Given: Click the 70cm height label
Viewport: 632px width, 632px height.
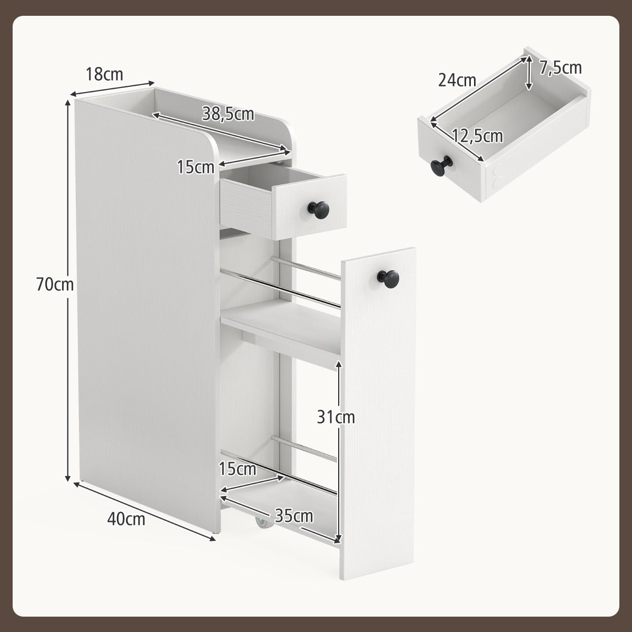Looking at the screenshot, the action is tap(55, 284).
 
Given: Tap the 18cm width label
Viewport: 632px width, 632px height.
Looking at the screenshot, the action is tap(104, 74).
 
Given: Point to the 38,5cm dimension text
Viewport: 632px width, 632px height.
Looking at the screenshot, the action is tap(228, 114).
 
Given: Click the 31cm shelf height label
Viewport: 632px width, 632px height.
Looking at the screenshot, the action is tap(336, 417).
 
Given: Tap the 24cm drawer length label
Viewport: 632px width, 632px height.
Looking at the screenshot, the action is tap(457, 80).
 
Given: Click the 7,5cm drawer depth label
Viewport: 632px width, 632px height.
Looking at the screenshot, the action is tap(560, 68).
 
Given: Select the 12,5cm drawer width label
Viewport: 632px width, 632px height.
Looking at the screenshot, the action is tap(477, 135).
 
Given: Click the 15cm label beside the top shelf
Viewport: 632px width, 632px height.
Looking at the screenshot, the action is tap(195, 167).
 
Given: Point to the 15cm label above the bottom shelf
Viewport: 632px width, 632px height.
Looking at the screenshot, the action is tap(237, 469).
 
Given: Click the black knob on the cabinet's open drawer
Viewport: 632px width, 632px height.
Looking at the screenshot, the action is tap(319, 208).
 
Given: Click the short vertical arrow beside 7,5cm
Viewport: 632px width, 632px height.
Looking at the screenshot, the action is tap(528, 73).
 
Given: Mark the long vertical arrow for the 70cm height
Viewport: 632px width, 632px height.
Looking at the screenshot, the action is tap(67, 291).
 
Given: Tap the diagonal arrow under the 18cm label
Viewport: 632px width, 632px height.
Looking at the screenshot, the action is tap(112, 88).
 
